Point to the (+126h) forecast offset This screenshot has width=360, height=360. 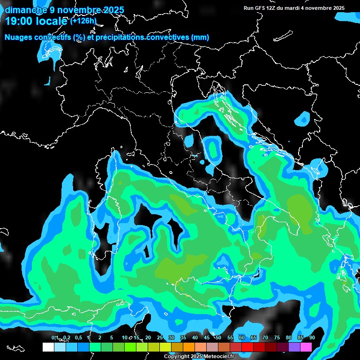click(83, 21)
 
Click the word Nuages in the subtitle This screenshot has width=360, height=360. click(19, 37)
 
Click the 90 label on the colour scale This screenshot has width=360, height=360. click(312, 337)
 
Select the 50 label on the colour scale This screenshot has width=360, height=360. click(218, 337)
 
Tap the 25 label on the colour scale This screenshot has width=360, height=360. click(159, 337)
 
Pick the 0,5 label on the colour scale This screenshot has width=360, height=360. click(78, 337)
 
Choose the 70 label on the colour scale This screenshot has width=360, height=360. click(265, 337)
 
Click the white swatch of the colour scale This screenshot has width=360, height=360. click(48, 347)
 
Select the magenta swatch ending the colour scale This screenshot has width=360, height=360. click(306, 347)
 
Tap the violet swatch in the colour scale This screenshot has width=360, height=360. click(294, 347)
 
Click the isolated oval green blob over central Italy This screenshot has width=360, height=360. click(214, 148)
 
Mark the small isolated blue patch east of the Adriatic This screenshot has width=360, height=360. click(303, 119)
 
